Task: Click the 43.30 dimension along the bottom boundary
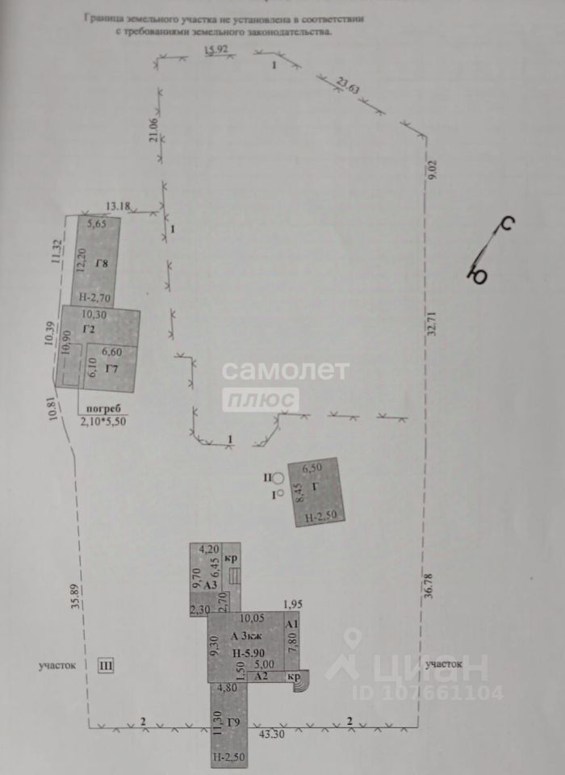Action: (267, 735)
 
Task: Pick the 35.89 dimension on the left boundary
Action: (74, 593)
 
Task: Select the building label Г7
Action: (112, 368)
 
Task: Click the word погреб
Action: (98, 410)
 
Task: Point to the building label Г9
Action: (235, 721)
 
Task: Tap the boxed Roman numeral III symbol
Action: (106, 666)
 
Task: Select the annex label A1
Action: (293, 624)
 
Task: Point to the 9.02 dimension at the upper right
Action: (433, 170)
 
